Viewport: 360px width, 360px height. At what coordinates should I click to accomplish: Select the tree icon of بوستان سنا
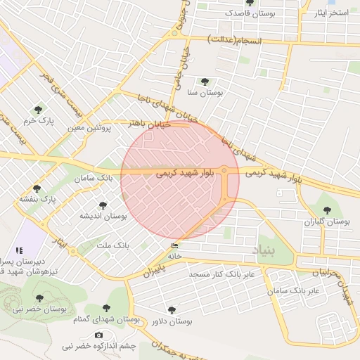click(205, 82)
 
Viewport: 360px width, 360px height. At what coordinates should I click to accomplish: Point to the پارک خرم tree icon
click(37, 109)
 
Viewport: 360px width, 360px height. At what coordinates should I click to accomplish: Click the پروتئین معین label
click(91, 128)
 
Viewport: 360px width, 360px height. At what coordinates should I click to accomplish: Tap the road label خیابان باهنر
click(145, 122)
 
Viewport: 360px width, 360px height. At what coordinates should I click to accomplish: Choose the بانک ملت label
click(113, 245)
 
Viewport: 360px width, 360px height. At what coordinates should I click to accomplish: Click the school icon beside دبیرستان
click(19, 250)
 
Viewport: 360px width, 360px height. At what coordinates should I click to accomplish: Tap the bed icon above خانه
click(174, 245)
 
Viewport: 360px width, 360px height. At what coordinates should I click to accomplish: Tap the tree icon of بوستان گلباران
click(326, 210)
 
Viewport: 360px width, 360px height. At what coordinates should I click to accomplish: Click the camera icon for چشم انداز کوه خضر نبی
click(98, 335)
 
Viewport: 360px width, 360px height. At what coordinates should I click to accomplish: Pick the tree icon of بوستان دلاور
click(172, 309)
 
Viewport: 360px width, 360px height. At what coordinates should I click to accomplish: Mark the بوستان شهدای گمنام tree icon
click(106, 309)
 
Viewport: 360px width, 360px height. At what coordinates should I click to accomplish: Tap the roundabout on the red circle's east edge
click(224, 170)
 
